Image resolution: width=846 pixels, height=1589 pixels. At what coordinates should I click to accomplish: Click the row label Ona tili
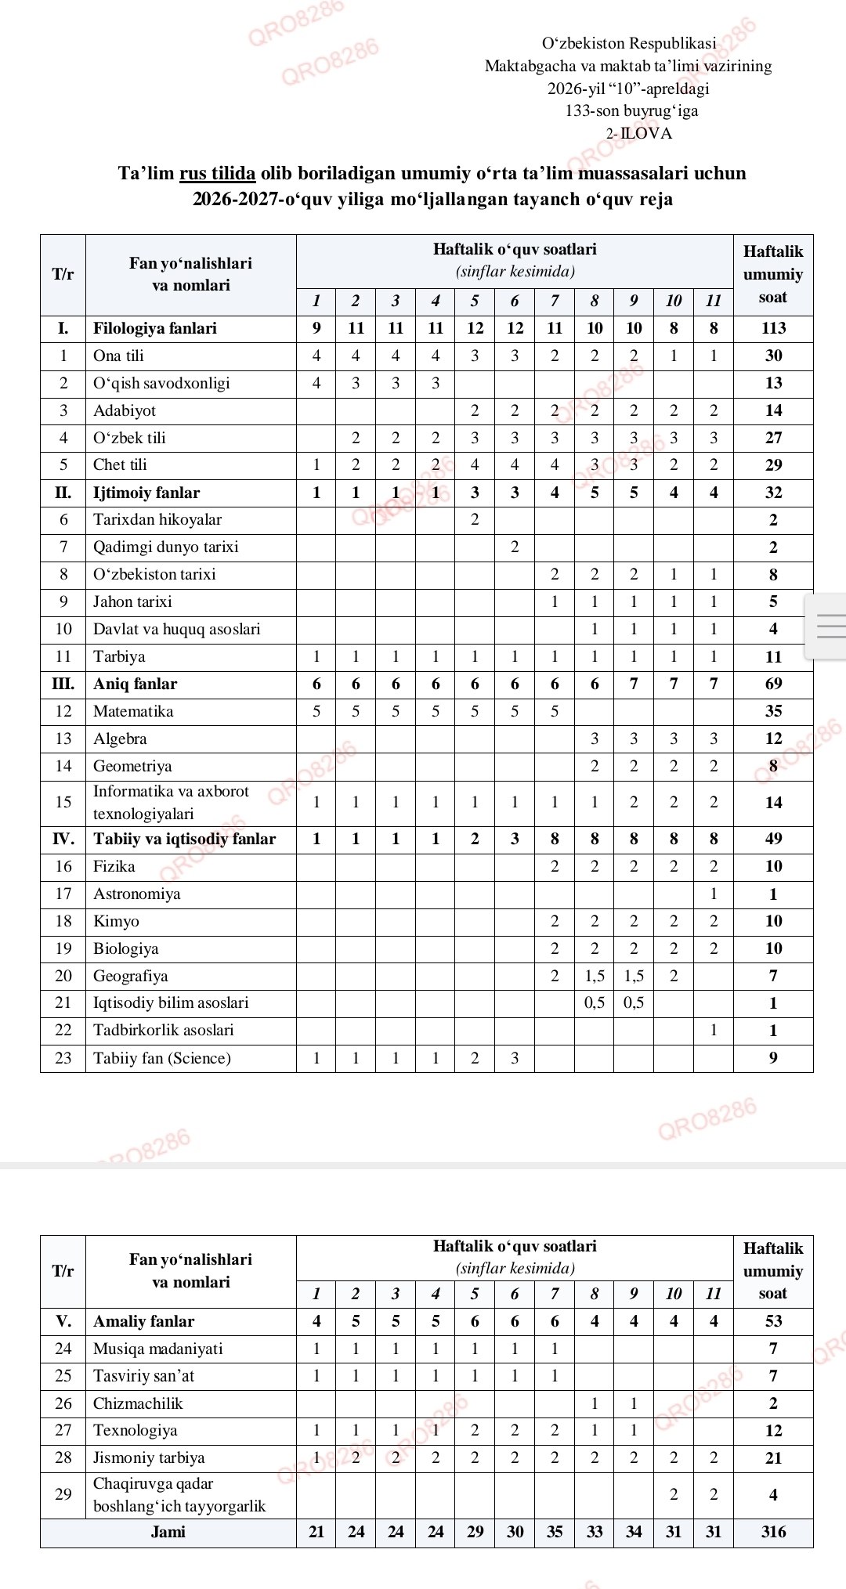pyautogui.click(x=118, y=356)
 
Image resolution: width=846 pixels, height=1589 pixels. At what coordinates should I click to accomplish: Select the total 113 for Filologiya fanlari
pyautogui.click(x=773, y=328)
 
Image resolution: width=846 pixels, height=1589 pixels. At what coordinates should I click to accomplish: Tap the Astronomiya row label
pyautogui.click(x=136, y=894)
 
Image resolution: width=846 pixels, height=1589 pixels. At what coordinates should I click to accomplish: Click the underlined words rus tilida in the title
pyautogui.click(x=217, y=173)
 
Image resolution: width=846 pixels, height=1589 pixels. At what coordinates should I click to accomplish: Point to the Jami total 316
pyautogui.click(x=773, y=1532)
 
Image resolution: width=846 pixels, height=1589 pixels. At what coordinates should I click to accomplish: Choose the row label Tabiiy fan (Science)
pyautogui.click(x=161, y=1058)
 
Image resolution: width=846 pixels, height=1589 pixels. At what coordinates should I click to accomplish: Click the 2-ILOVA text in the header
pyautogui.click(x=638, y=133)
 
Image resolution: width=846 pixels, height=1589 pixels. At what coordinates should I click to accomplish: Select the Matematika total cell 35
pyautogui.click(x=773, y=711)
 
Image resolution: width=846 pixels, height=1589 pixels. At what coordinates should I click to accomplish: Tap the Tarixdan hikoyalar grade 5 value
pyautogui.click(x=475, y=519)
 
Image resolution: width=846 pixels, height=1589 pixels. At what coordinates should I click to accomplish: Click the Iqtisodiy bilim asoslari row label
pyautogui.click(x=171, y=1002)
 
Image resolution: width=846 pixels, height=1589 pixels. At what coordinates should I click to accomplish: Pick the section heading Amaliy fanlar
pyautogui.click(x=143, y=1321)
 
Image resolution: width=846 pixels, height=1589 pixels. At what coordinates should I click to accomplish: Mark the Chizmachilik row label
pyautogui.click(x=138, y=1403)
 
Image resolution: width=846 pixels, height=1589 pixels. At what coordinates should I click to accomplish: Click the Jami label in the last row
pyautogui.click(x=168, y=1532)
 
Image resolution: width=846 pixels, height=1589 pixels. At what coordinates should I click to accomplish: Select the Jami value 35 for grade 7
pyautogui.click(x=555, y=1532)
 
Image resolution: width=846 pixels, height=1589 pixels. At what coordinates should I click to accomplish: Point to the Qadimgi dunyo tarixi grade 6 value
pyautogui.click(x=515, y=547)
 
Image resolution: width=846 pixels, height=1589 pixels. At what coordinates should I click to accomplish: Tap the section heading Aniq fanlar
pyautogui.click(x=135, y=684)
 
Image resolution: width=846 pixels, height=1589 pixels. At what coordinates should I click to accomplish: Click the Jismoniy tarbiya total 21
pyautogui.click(x=773, y=1457)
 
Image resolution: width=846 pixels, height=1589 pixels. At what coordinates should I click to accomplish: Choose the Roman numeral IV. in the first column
pyautogui.click(x=63, y=839)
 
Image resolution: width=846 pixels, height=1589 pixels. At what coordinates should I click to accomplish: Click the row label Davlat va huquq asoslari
pyautogui.click(x=176, y=629)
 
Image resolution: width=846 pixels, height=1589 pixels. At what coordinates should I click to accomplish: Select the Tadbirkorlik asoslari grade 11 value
pyautogui.click(x=713, y=1030)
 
